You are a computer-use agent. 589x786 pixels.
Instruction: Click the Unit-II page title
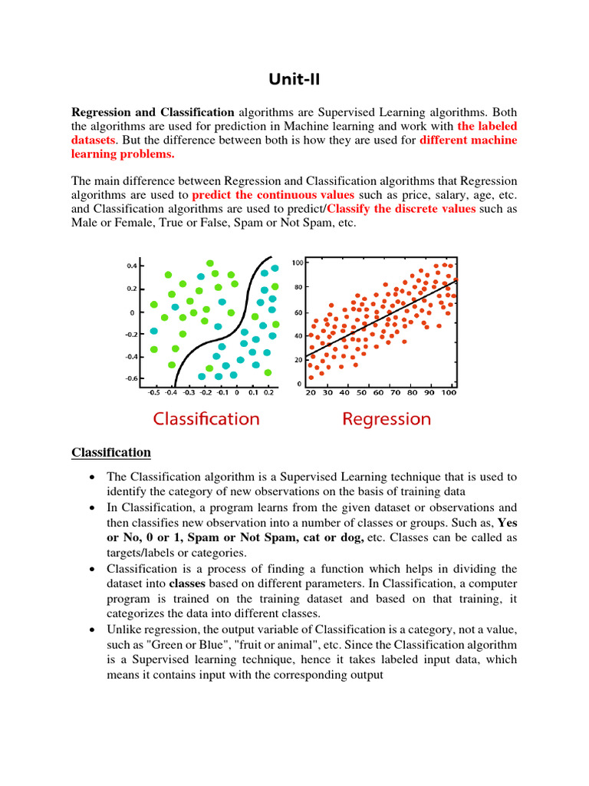click(294, 80)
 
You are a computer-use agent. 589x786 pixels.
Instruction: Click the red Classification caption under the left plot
click(206, 419)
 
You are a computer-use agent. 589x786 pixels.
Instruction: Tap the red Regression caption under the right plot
click(387, 419)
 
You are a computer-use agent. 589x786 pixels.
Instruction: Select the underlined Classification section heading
click(111, 452)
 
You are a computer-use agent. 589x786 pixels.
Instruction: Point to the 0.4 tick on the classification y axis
click(132, 266)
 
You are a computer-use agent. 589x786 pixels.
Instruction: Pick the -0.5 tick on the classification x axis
click(153, 392)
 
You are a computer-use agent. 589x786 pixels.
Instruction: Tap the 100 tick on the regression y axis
click(297, 263)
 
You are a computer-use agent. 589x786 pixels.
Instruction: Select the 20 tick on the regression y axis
click(298, 359)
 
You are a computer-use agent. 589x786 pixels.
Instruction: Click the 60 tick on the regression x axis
click(378, 392)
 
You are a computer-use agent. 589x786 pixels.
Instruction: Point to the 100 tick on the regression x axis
click(449, 392)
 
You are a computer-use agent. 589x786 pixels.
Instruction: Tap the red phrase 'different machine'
click(469, 140)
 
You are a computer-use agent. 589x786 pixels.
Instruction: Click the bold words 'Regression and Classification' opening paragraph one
click(153, 112)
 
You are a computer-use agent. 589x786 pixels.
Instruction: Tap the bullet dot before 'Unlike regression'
click(93, 629)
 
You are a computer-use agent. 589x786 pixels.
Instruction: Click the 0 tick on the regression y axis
click(300, 384)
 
